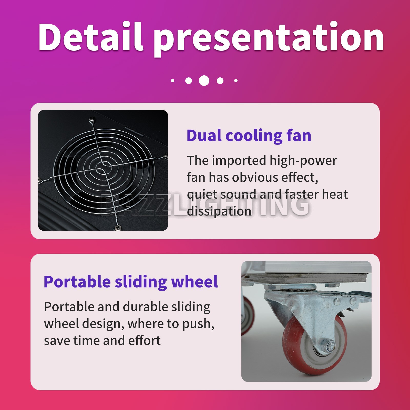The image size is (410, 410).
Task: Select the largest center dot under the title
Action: point(204,80)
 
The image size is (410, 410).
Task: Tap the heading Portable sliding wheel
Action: point(131,282)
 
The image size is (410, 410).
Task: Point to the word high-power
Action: point(303,161)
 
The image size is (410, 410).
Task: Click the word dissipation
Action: point(219,211)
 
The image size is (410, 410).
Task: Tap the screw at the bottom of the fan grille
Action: point(118,227)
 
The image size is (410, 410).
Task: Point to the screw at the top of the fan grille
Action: point(92,119)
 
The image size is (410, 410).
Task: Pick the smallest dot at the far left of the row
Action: point(173,81)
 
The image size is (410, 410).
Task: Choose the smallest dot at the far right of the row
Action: point(236,81)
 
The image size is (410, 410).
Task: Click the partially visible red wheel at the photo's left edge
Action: point(248,315)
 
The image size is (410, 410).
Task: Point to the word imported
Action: point(239,161)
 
